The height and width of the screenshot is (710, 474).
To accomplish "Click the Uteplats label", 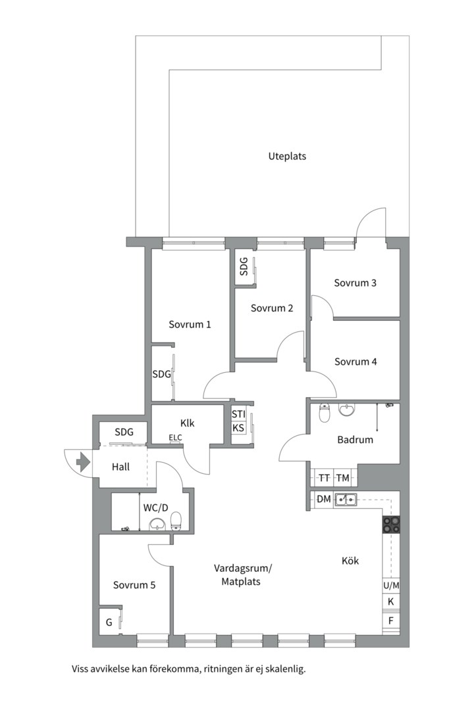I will click(x=287, y=156).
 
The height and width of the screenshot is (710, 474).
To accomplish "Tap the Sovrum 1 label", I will click(x=190, y=324).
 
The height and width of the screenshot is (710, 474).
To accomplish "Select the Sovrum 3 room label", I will click(x=355, y=283).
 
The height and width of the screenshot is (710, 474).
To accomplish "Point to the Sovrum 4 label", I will click(x=355, y=362).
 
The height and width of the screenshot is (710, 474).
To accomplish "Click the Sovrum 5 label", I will click(x=134, y=584).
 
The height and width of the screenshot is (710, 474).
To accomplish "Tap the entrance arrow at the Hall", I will click(x=83, y=462).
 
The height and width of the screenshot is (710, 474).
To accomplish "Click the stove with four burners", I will click(x=392, y=524).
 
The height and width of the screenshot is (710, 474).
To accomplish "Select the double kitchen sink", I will click(x=346, y=500).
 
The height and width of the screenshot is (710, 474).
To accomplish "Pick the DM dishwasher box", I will click(x=323, y=500).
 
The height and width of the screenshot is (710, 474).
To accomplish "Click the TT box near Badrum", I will click(x=324, y=478).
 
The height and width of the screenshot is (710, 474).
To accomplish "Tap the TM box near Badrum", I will click(x=343, y=478).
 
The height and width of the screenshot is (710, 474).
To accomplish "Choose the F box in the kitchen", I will click(x=390, y=621).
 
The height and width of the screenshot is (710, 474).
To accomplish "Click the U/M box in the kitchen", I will click(x=390, y=585).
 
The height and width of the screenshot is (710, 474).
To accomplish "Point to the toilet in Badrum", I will click(x=324, y=414).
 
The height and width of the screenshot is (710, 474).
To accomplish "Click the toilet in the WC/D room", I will click(x=176, y=522).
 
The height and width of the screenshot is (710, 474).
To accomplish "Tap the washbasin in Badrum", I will click(x=346, y=411).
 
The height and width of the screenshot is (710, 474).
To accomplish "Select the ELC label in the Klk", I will click(x=175, y=438).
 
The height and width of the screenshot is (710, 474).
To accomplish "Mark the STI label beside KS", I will click(x=238, y=414).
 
